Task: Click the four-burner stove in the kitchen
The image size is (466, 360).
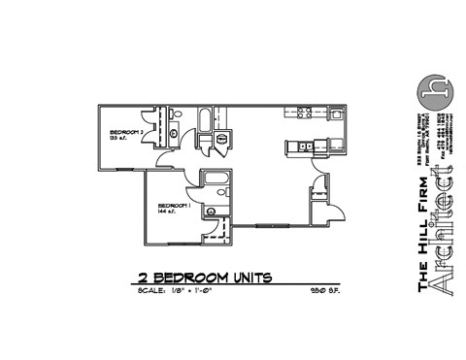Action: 303,112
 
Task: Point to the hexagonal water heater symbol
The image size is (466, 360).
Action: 222,139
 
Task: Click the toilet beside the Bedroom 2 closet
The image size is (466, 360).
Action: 174,135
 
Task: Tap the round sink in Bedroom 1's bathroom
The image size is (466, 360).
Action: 209,211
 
